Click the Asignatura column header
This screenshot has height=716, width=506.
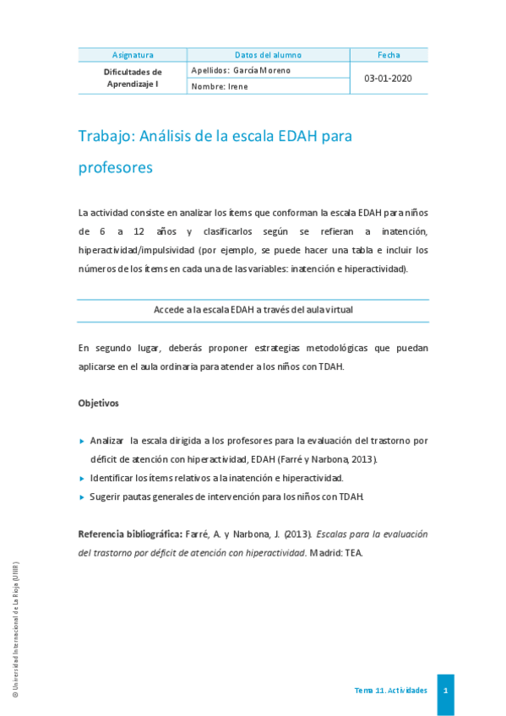(x=133, y=55)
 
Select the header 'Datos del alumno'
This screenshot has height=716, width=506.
(x=268, y=55)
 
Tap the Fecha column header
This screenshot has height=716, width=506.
(x=389, y=55)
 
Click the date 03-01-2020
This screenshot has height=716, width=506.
(x=389, y=79)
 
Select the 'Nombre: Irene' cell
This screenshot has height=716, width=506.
(x=220, y=86)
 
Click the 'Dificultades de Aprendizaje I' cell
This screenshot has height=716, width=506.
(x=133, y=79)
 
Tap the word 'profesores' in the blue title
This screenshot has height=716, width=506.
(x=115, y=167)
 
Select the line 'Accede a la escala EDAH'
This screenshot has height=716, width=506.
(x=253, y=310)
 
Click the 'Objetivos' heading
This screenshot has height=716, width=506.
(x=98, y=403)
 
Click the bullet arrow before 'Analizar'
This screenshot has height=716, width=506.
(x=81, y=441)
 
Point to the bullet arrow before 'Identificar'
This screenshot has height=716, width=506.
(x=81, y=478)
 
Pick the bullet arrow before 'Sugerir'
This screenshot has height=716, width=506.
(x=81, y=496)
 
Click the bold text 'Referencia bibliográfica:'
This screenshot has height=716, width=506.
(x=130, y=534)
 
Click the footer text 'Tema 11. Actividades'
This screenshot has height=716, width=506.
(x=390, y=691)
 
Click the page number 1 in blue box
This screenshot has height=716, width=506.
(x=445, y=692)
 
